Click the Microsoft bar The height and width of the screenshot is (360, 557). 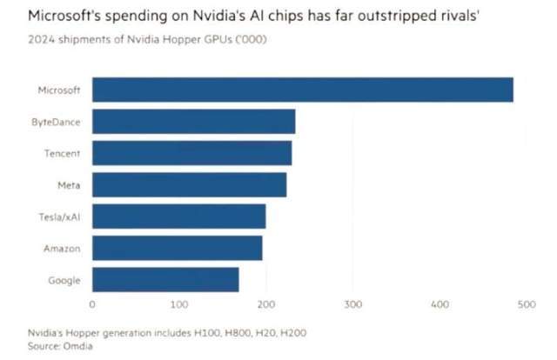coord(302,90)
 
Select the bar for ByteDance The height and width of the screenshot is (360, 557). coord(193,122)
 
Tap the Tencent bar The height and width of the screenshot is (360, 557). coord(191,153)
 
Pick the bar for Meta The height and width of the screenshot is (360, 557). coord(189,184)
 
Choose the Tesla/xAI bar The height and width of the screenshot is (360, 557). coord(178,217)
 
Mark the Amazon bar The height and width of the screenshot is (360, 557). coord(177,248)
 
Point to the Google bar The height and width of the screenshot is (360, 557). coord(165,280)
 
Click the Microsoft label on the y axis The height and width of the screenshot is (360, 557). coord(59,90)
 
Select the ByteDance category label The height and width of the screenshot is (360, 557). coord(56,122)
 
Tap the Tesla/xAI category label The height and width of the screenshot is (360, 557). coord(60,217)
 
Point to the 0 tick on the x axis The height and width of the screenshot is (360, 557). coord(92,304)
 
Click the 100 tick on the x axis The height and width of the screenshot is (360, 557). coord(179,304)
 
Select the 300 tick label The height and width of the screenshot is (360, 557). coord(352,304)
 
